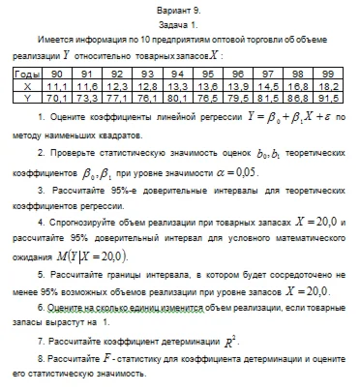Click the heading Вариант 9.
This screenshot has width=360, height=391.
(x=181, y=8)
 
